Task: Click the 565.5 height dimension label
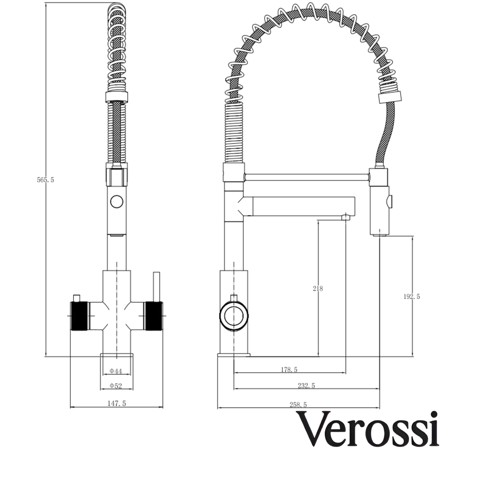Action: [46, 180]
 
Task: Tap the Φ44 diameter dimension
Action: [116, 371]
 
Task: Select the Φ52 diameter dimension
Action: [116, 386]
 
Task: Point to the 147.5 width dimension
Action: [116, 403]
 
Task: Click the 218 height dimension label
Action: [318, 288]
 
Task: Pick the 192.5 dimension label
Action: [411, 296]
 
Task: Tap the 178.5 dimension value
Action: [289, 370]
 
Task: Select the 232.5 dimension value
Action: [307, 385]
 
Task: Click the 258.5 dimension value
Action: [298, 404]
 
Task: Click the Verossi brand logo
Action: [368, 429]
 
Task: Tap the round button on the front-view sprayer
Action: [116, 202]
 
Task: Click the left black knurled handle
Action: [79, 316]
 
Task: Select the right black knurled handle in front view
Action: [154, 316]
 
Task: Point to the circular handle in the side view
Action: [233, 316]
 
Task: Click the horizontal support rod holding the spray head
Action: [307, 177]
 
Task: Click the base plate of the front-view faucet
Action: [116, 355]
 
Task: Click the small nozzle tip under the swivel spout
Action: [346, 217]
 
